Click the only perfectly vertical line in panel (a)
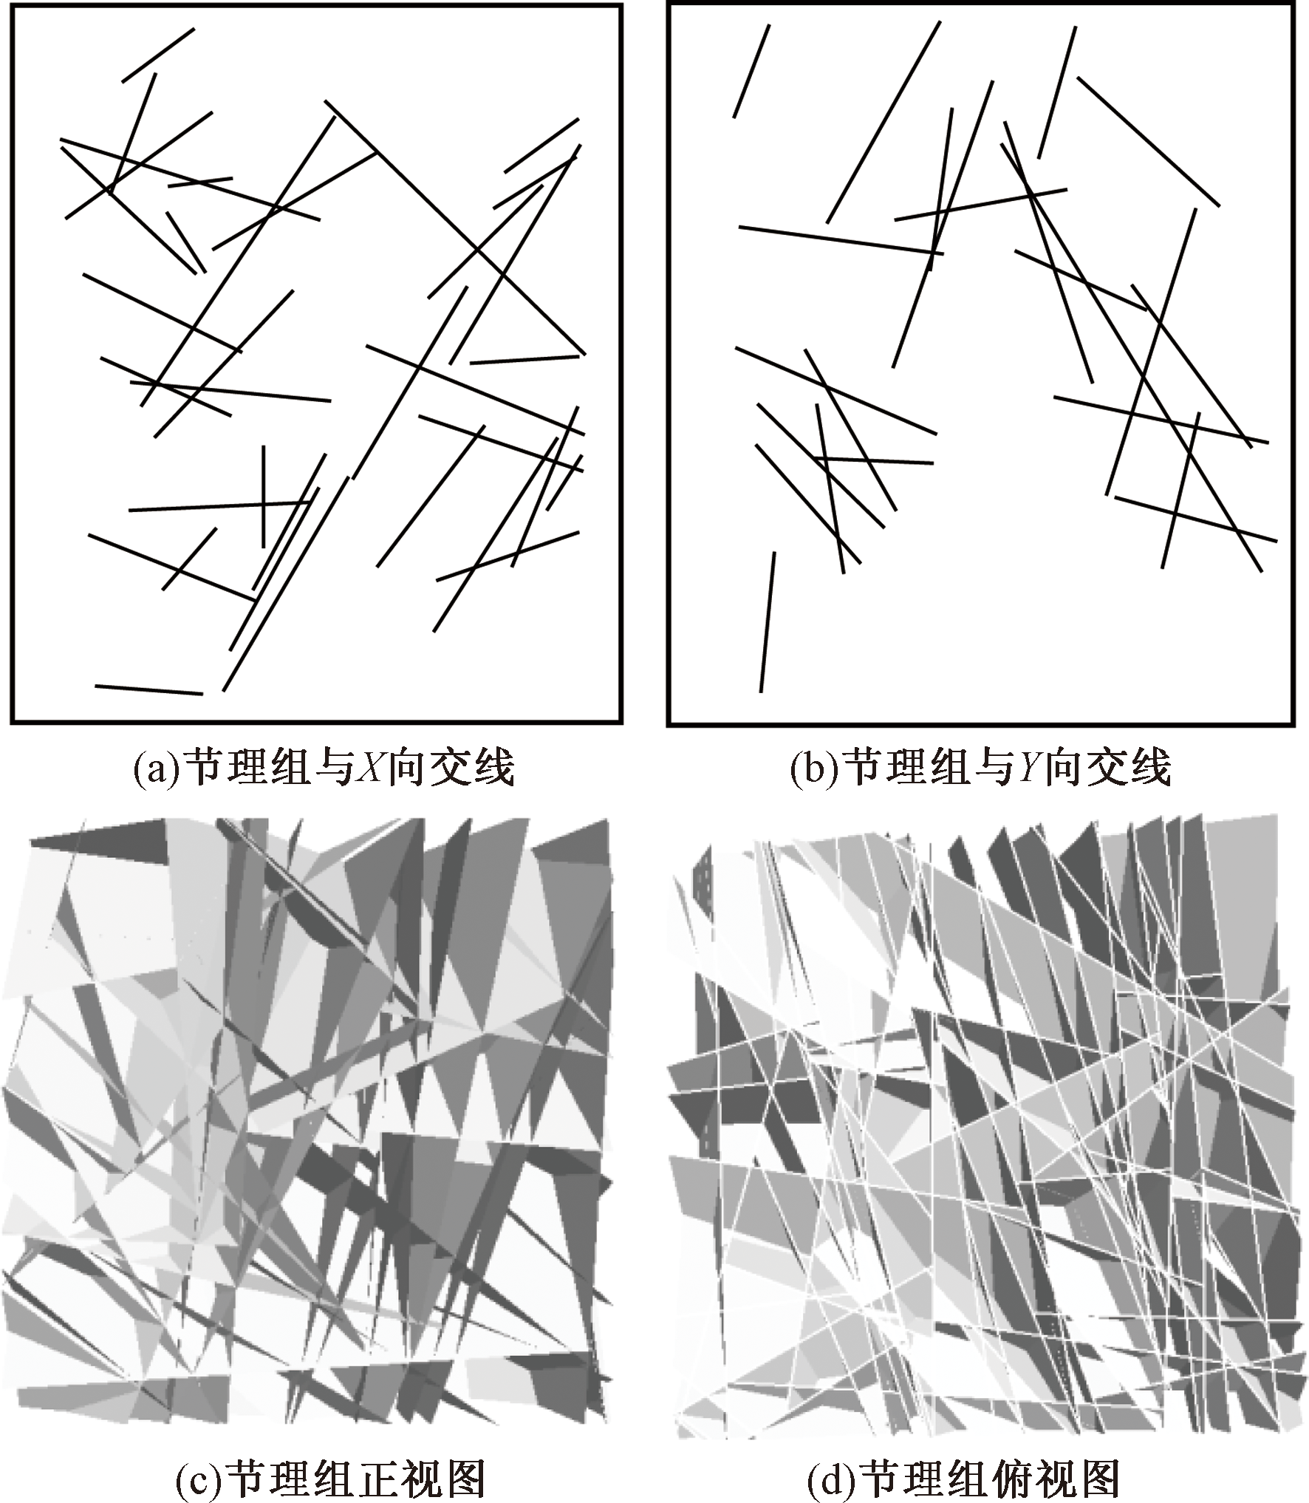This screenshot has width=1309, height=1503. point(264,496)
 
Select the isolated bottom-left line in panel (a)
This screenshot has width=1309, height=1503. point(148,689)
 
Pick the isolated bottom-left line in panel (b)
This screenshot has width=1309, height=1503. point(768,621)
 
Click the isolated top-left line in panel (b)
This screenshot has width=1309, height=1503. point(751,71)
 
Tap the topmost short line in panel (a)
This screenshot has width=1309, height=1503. point(158,55)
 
